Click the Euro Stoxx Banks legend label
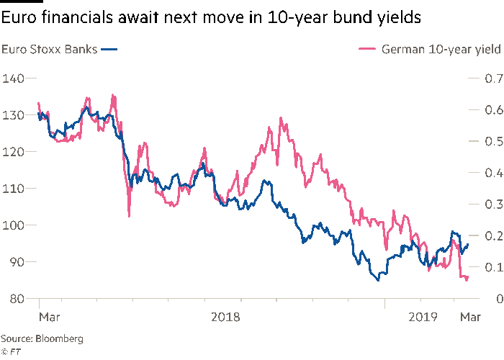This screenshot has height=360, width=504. point(49,49)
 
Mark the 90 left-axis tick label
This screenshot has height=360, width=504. point(15,261)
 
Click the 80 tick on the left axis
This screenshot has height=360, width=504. point(15,298)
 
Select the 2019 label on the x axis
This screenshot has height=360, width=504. point(421,316)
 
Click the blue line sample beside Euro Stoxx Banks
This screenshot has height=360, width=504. point(109,49)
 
